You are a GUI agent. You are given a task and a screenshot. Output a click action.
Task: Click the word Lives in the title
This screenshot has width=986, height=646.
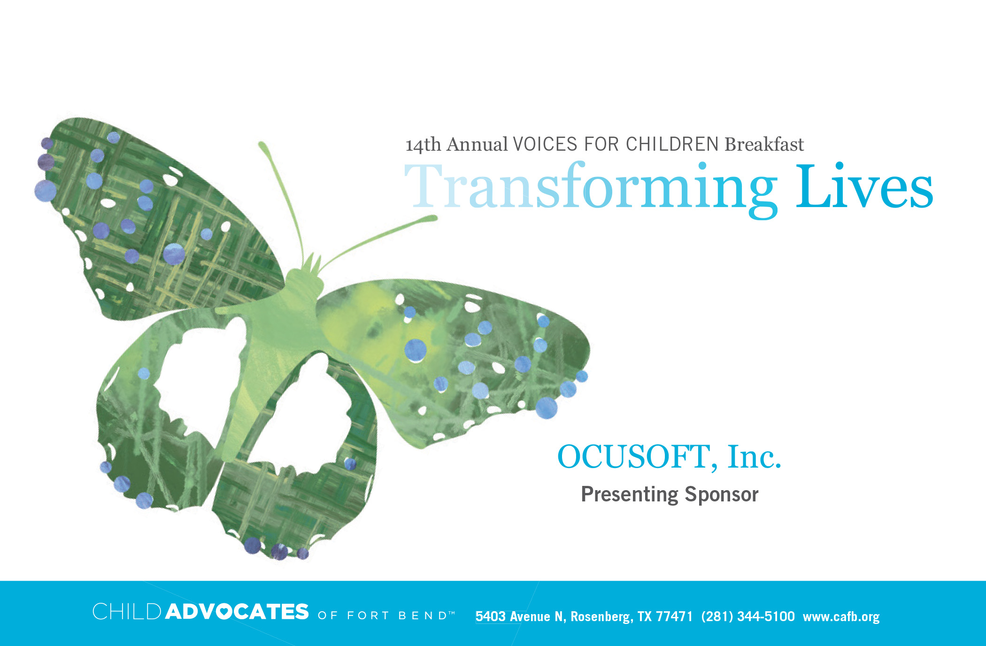click(864, 185)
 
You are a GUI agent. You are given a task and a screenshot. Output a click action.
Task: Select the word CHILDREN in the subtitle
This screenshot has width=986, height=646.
click(672, 144)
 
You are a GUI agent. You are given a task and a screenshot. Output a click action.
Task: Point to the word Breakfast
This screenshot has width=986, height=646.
click(764, 144)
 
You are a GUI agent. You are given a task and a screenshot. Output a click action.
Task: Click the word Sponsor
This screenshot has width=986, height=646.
click(721, 495)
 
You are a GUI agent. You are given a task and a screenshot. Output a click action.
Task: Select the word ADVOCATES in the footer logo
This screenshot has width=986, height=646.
click(237, 612)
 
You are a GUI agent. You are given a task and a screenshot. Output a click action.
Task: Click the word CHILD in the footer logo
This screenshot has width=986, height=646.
click(127, 611)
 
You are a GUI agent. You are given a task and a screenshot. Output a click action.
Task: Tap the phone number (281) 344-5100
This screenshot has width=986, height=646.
click(748, 616)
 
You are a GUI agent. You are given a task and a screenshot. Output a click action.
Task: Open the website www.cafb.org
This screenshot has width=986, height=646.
click(841, 617)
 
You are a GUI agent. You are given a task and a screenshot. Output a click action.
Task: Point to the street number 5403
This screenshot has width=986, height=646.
click(491, 616)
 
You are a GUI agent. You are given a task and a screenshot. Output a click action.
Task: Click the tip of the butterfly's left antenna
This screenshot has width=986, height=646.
click(262, 144)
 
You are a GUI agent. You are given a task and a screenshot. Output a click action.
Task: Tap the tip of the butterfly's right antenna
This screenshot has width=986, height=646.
click(434, 218)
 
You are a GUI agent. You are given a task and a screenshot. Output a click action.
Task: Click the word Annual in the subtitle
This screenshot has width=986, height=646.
click(477, 144)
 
